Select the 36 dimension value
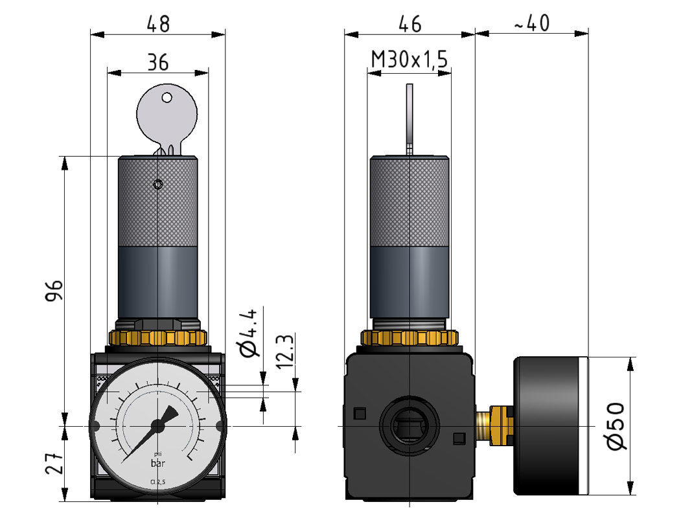click(157, 62)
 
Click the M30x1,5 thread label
click(409, 60)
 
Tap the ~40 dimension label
click(531, 23)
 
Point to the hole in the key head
click(167, 98)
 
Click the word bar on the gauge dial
click(157, 463)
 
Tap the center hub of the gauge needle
click(157, 425)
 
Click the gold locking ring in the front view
click(157, 337)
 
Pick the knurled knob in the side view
click(409, 201)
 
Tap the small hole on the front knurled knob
click(158, 185)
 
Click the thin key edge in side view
click(410, 117)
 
